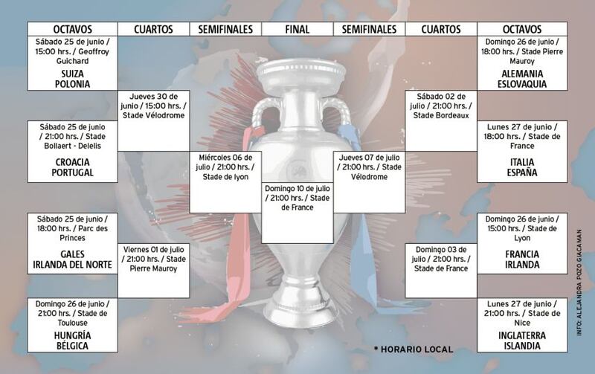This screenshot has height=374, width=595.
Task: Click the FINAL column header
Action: [297, 29]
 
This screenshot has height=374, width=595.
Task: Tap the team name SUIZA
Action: [72, 74]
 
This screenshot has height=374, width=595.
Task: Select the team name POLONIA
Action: [72, 84]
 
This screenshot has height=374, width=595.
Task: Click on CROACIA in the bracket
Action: [72, 162]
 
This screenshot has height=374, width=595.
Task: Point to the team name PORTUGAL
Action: [72, 173]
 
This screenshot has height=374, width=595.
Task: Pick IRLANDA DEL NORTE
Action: [72, 265]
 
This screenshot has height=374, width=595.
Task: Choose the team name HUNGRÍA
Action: [72, 335]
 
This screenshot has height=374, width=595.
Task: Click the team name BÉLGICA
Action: [72, 346]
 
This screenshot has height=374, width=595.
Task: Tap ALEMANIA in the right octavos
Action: [522, 74]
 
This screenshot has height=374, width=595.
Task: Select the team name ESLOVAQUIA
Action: [522, 84]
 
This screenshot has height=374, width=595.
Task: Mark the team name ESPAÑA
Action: [522, 173]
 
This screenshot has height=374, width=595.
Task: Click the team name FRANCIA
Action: [522, 254]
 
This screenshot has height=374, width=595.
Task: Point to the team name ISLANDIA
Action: [522, 346]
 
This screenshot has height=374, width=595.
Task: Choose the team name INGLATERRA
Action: [522, 335]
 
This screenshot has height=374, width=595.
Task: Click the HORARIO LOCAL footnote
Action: [414, 349]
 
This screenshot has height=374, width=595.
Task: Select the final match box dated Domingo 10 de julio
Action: [297, 213]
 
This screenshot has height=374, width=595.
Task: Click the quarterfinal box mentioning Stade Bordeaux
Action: [441, 120]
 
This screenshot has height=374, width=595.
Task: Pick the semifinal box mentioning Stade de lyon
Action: [225, 182]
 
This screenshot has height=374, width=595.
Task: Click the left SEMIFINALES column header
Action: [225, 29]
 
